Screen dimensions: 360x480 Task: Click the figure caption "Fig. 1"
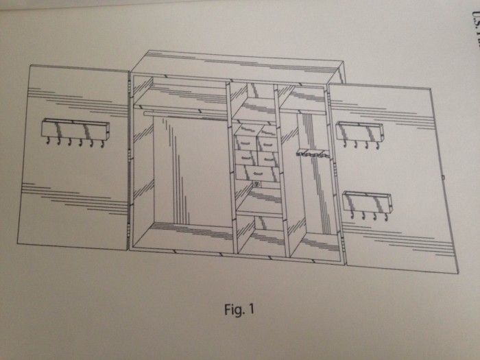tap(239, 309)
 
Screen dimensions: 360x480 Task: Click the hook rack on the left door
tap(75, 129)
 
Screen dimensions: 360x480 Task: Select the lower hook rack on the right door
tap(367, 202)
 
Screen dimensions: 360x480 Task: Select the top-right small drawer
tap(268, 130)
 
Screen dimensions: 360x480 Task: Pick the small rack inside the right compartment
tap(313, 154)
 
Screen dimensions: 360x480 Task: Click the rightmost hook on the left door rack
tap(103, 144)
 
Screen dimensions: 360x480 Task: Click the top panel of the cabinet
tap(237, 64)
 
